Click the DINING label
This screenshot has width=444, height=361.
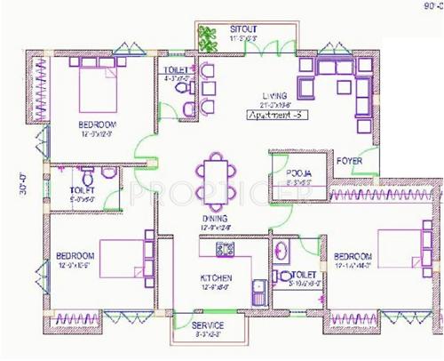214,217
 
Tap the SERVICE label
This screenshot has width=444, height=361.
208,326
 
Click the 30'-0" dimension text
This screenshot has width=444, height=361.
24,188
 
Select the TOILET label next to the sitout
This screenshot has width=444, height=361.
176,68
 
